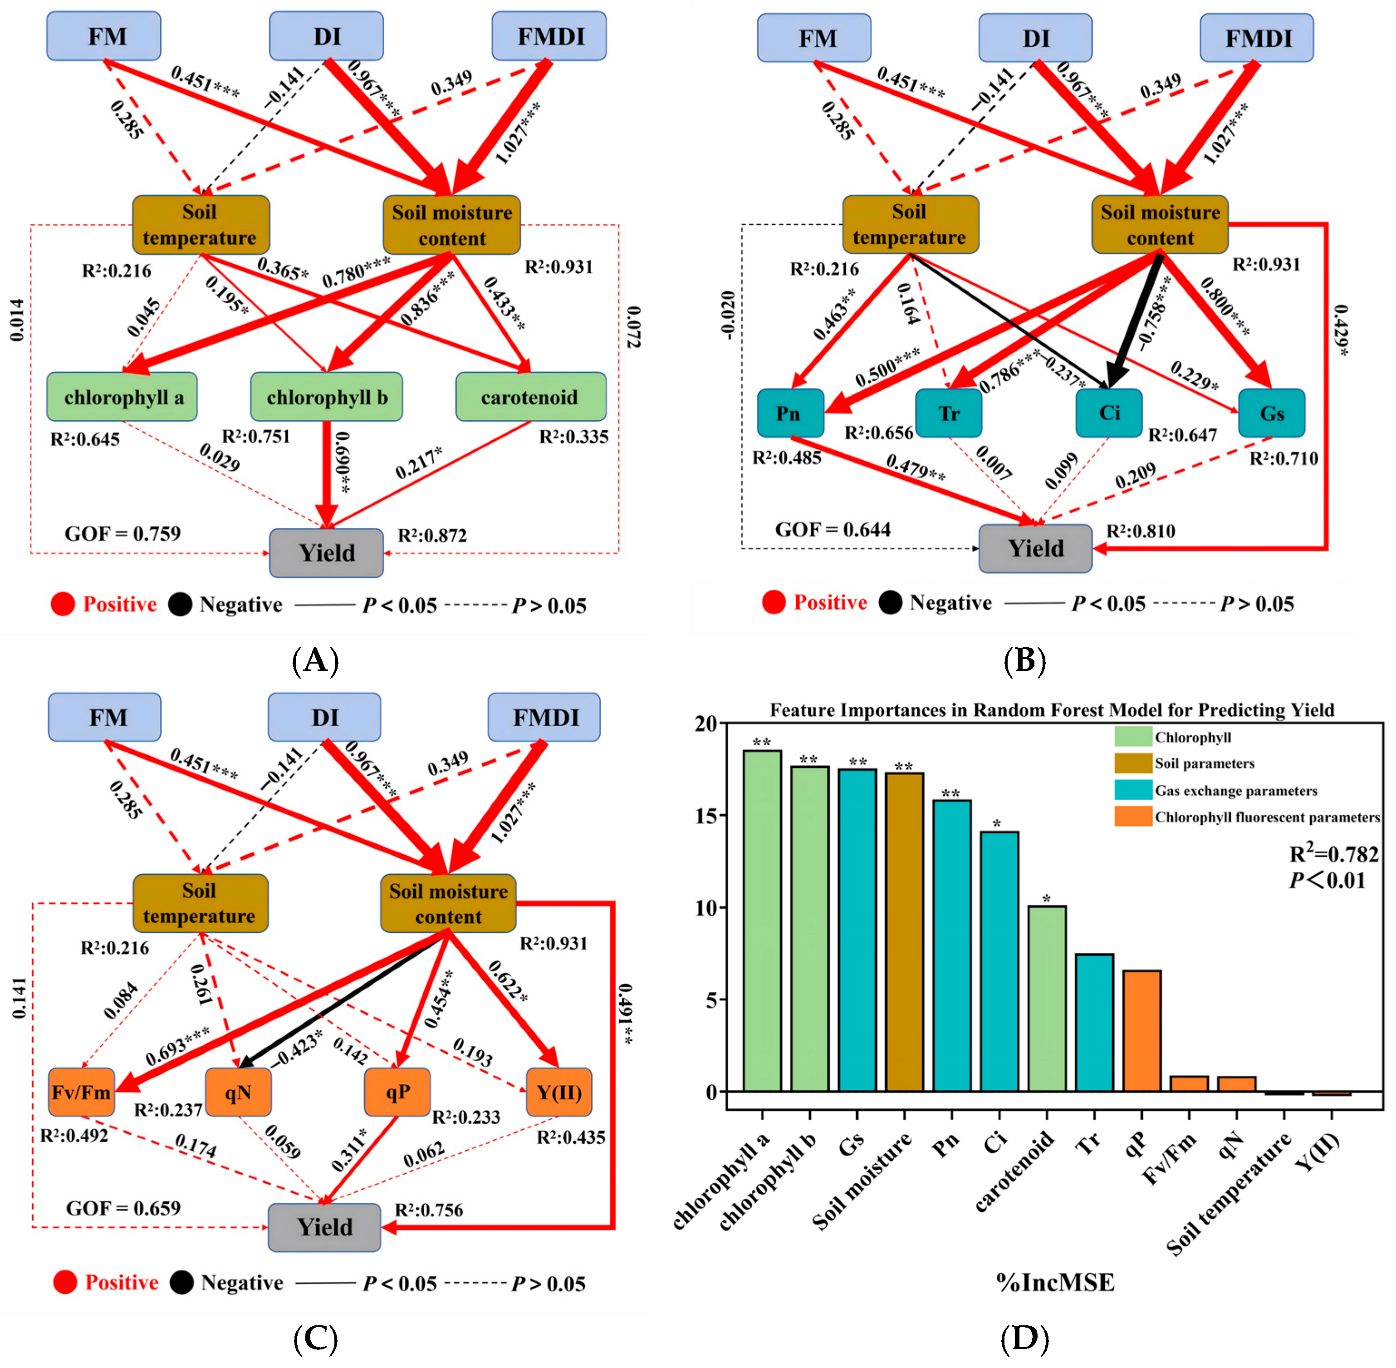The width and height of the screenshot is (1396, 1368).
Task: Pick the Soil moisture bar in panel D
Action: (904, 932)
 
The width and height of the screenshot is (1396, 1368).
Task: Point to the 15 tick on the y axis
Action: (707, 816)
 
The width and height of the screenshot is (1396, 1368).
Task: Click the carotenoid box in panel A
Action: (530, 397)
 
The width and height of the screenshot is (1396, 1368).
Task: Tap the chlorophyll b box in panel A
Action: (326, 397)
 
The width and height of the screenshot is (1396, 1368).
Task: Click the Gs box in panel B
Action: (1271, 413)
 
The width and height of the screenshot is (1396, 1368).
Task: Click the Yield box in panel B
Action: (1035, 548)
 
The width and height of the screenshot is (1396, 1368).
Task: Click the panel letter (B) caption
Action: (1024, 659)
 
